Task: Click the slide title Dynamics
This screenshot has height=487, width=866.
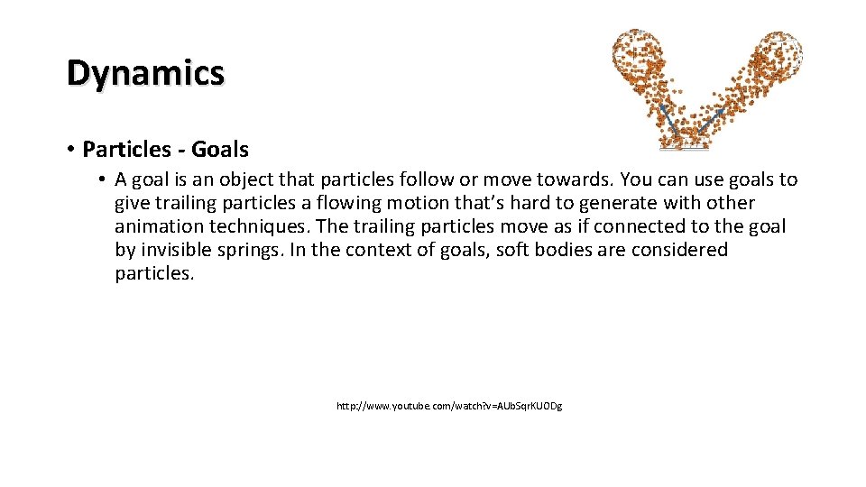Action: click(145, 73)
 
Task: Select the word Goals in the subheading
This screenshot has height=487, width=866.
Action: click(218, 149)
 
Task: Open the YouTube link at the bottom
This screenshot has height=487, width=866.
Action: click(448, 407)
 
